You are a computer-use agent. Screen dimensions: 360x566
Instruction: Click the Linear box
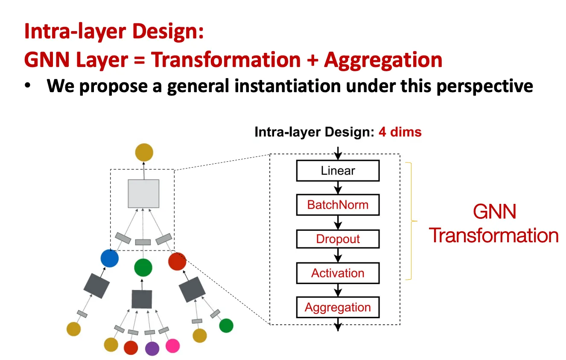click(338, 171)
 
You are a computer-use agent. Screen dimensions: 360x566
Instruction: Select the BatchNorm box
click(338, 205)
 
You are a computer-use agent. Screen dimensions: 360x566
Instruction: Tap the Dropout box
click(338, 239)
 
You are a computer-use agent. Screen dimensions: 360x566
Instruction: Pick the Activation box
click(338, 273)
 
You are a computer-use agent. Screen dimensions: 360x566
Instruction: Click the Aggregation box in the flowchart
click(338, 307)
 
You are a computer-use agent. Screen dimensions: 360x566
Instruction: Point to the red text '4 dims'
click(400, 132)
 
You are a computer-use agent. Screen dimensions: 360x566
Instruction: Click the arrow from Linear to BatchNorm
click(338, 188)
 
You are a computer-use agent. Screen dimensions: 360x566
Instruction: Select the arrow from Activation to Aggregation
click(338, 290)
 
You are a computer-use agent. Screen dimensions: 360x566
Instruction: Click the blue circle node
click(109, 258)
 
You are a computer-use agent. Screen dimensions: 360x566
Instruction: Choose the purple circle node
click(152, 348)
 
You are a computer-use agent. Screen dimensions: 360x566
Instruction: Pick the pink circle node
click(173, 345)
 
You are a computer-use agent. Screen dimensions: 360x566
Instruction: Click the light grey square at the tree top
click(144, 194)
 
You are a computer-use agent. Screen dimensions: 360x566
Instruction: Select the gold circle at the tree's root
click(144, 152)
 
